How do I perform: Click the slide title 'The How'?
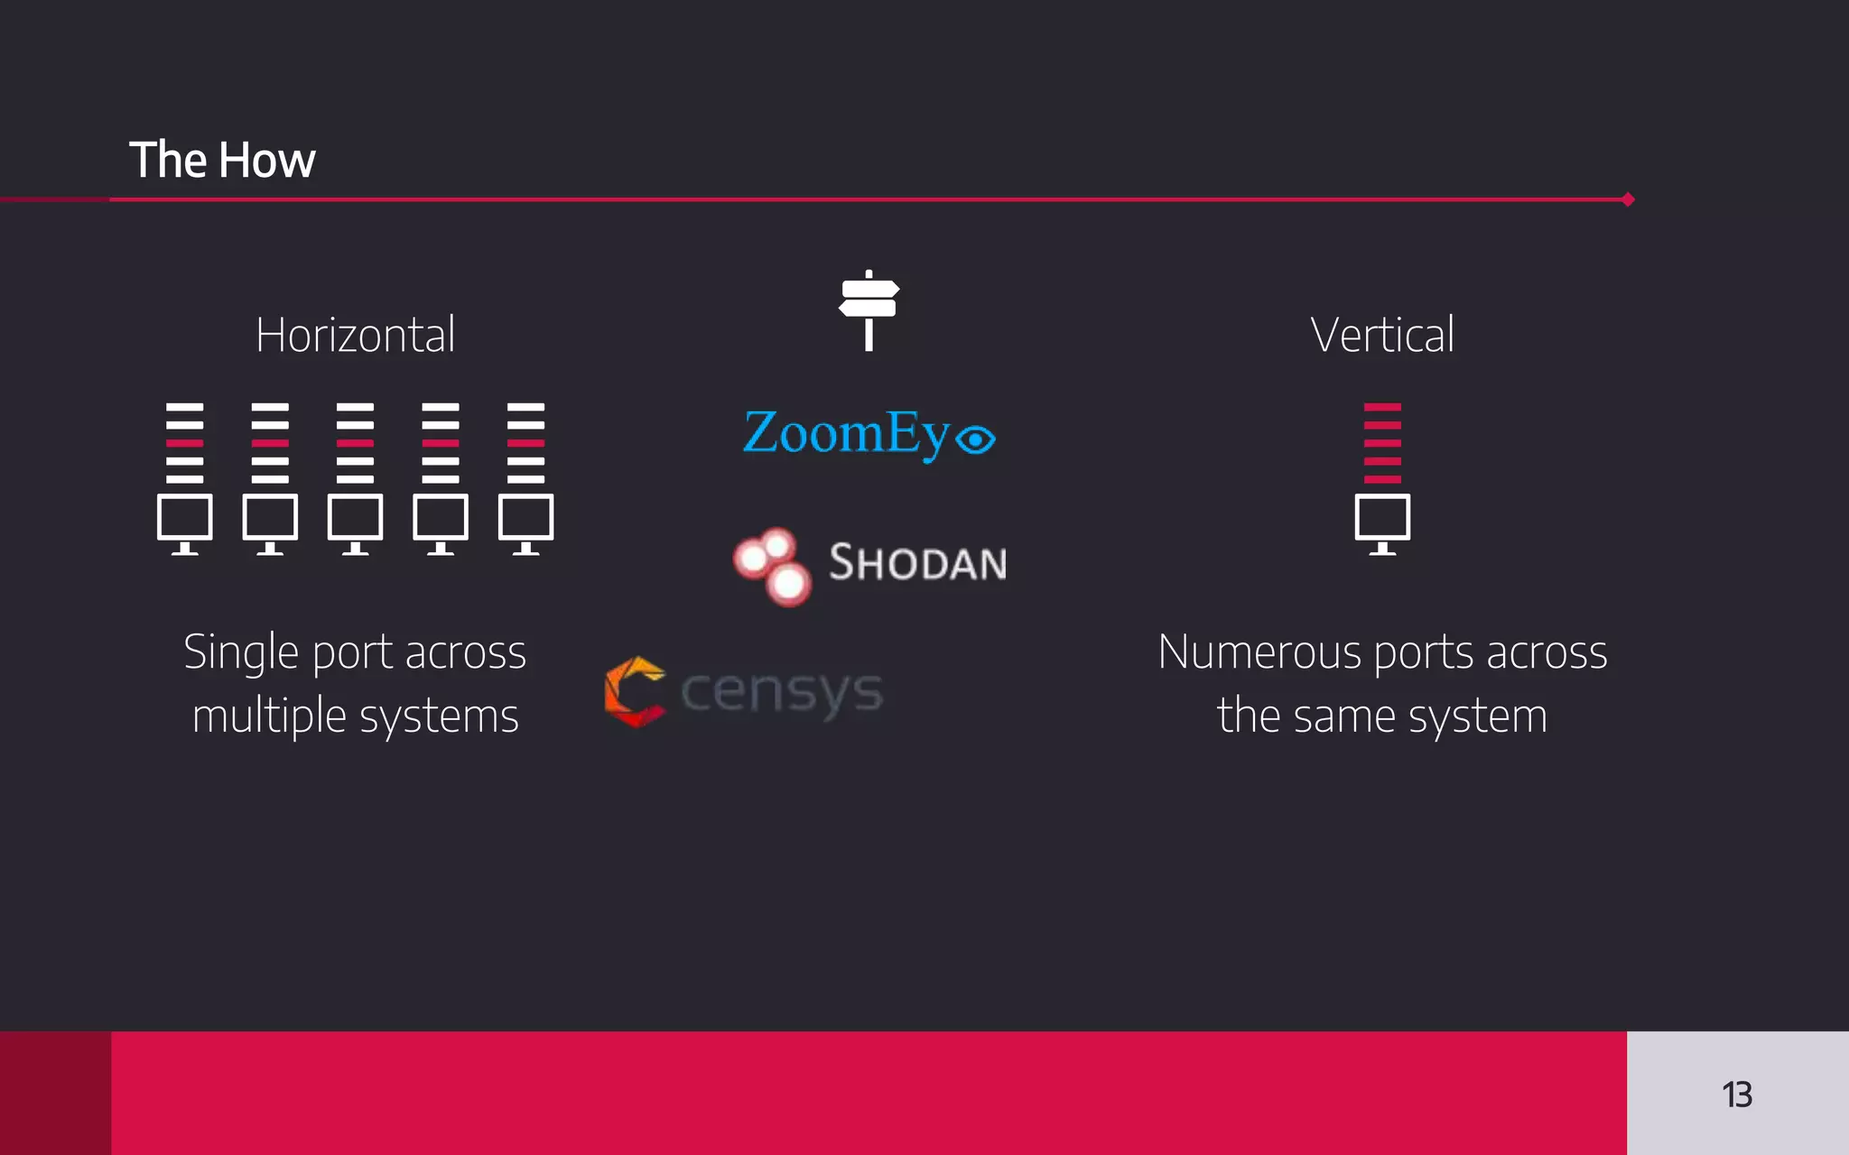click(x=222, y=160)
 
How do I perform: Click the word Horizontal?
click(x=355, y=335)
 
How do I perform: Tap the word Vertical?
click(x=1382, y=335)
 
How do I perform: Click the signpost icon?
click(x=869, y=310)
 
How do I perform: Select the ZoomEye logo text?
click(x=846, y=434)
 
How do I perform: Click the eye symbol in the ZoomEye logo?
click(x=975, y=439)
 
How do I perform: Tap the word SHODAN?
click(x=917, y=563)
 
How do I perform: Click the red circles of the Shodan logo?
click(x=773, y=566)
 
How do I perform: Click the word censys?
click(x=782, y=692)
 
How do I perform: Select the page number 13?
click(x=1736, y=1095)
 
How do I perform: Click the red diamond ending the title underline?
click(x=1628, y=199)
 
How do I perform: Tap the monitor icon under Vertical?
click(x=1382, y=522)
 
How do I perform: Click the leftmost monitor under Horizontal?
click(x=185, y=522)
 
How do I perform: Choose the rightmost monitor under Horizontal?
click(x=525, y=522)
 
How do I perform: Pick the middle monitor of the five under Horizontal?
click(x=355, y=522)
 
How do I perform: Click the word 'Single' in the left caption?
click(x=242, y=652)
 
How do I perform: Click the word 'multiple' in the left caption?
click(x=269, y=716)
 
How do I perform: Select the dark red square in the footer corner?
click(x=55, y=1093)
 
